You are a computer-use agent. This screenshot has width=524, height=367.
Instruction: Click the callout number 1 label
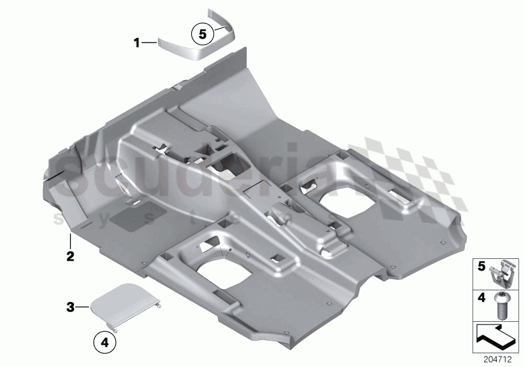(137, 43)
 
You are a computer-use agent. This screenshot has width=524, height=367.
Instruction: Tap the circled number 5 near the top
(202, 31)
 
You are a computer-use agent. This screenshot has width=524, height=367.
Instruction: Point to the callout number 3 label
(69, 306)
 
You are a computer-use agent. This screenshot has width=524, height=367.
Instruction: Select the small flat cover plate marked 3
(125, 308)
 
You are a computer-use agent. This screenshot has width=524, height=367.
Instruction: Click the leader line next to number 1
(149, 43)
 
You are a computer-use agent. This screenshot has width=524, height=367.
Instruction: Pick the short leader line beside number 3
(83, 306)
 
